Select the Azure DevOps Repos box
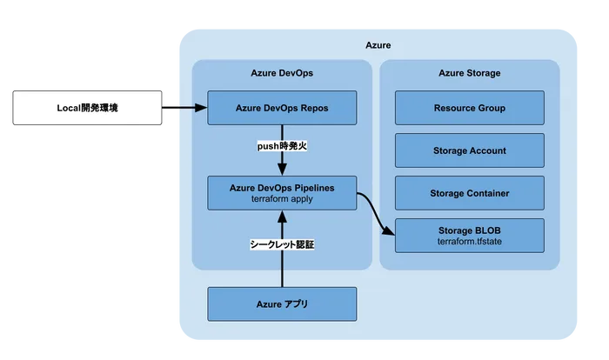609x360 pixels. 282,108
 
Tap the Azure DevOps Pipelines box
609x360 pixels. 282,192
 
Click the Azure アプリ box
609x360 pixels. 282,303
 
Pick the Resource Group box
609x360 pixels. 469,108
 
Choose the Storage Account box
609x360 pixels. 469,150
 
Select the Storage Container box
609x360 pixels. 469,192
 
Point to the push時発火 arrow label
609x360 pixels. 283,147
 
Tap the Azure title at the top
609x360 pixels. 378,44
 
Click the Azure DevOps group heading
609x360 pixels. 281,74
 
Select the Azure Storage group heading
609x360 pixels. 469,74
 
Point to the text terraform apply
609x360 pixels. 282,199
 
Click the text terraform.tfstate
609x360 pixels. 469,242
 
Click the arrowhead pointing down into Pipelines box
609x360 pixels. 283,170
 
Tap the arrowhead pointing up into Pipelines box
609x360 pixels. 283,216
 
